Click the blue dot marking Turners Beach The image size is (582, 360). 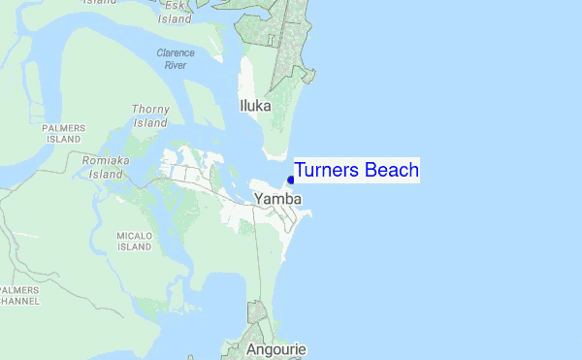[x=291, y=180]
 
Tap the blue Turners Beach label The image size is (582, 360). [x=356, y=171]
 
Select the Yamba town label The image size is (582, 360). [x=278, y=199]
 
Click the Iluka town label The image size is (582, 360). [x=255, y=106]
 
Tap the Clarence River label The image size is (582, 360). [x=176, y=59]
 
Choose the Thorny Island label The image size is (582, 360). [x=150, y=116]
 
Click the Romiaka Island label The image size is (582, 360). [x=106, y=167]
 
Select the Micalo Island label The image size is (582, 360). [x=134, y=241]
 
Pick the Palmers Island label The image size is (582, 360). [x=64, y=133]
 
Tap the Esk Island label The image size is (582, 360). [x=175, y=12]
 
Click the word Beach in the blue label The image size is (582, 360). [x=392, y=171]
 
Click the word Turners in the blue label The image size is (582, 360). [x=328, y=171]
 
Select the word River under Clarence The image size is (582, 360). [x=176, y=65]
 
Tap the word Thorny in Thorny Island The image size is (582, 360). [x=150, y=110]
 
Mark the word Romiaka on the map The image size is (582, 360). [x=106, y=160]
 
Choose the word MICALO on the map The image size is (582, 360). [x=134, y=235]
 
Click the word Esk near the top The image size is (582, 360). [x=174, y=5]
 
